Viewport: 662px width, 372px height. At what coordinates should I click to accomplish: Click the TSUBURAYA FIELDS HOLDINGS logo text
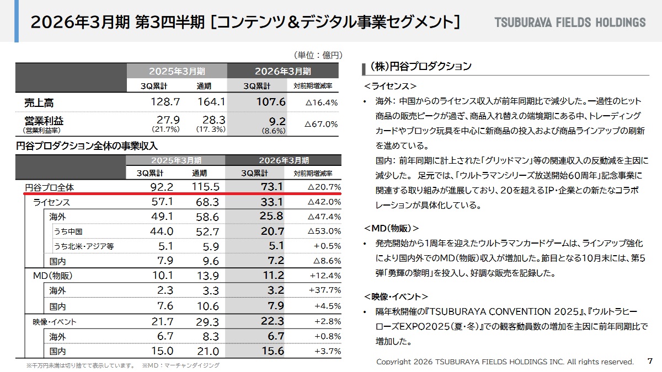coord(570,23)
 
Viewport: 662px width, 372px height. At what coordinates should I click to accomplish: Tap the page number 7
coord(649,361)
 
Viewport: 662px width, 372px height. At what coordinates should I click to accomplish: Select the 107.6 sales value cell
coord(271,102)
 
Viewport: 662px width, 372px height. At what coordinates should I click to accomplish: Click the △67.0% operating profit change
coord(321,124)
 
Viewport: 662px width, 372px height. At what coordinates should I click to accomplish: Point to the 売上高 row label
coord(39,103)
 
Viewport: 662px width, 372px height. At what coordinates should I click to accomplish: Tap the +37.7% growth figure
coord(325,290)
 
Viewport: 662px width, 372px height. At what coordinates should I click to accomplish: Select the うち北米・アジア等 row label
coord(84,246)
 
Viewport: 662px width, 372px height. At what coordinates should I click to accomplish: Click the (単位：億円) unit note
coord(319,55)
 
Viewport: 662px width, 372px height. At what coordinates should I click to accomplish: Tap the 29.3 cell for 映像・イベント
coord(207,322)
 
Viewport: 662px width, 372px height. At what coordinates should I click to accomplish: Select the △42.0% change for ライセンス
coord(324,202)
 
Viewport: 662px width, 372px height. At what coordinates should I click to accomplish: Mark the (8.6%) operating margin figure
coord(274,131)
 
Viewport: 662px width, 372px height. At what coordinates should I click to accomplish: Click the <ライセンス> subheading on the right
coord(390,87)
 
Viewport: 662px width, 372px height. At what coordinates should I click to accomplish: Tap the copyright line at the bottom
coord(505,362)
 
